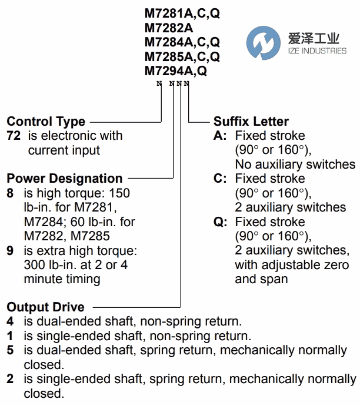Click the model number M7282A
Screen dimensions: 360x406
(x=169, y=28)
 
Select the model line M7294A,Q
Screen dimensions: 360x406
(x=176, y=71)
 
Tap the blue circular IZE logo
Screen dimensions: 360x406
(x=264, y=43)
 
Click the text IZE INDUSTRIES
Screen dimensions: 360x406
(x=317, y=51)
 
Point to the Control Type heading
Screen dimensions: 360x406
(x=46, y=122)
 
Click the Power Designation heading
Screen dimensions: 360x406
(x=65, y=179)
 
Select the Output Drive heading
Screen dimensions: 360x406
(x=46, y=307)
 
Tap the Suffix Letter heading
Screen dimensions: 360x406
(x=251, y=122)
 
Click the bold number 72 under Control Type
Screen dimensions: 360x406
(x=14, y=136)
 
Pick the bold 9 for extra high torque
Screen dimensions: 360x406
(x=10, y=251)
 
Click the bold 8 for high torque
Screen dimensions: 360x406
(x=10, y=193)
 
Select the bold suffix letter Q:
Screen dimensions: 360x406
(x=221, y=222)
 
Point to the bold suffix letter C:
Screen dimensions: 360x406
(x=220, y=179)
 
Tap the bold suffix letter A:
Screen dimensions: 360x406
(x=220, y=136)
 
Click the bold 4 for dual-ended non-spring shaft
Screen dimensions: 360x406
(x=10, y=321)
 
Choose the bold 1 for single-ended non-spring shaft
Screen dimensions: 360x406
(x=10, y=336)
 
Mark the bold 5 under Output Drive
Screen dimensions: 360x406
(x=10, y=350)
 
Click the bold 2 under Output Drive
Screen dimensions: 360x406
(x=10, y=379)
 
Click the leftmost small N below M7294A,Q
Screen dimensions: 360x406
(x=159, y=83)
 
